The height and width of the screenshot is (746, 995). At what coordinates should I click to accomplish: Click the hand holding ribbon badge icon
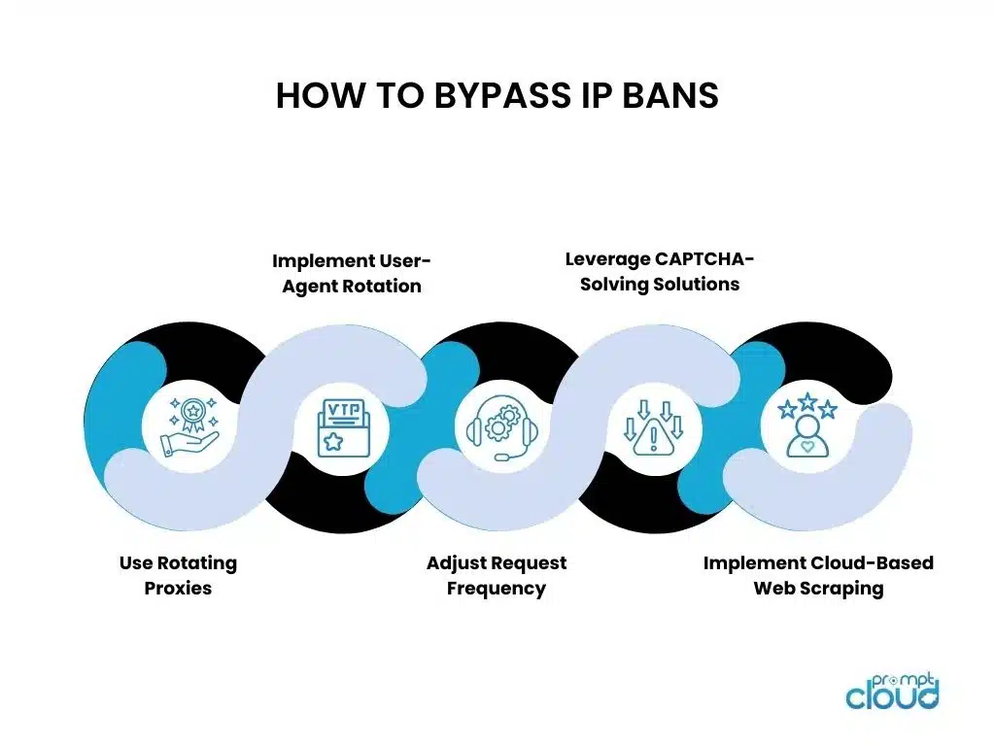pos(189,427)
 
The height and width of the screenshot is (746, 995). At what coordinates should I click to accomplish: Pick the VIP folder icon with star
pos(342,427)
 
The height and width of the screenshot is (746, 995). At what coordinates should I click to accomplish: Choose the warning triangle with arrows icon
pos(653,428)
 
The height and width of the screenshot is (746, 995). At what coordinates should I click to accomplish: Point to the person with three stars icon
pos(806,426)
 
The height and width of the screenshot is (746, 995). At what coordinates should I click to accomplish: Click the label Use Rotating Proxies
pos(178,575)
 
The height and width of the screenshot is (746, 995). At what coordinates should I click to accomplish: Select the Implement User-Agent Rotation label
pos(351,273)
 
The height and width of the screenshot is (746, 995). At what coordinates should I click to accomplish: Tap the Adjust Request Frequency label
pos(497,575)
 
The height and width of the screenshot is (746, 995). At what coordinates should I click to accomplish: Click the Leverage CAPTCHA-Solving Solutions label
pos(660,272)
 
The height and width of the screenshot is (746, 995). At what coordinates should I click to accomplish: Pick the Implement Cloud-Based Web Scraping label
pos(818,575)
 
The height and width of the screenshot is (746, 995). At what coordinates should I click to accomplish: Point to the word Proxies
pos(178,589)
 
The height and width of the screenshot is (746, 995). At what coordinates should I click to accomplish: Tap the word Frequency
pos(497,589)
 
